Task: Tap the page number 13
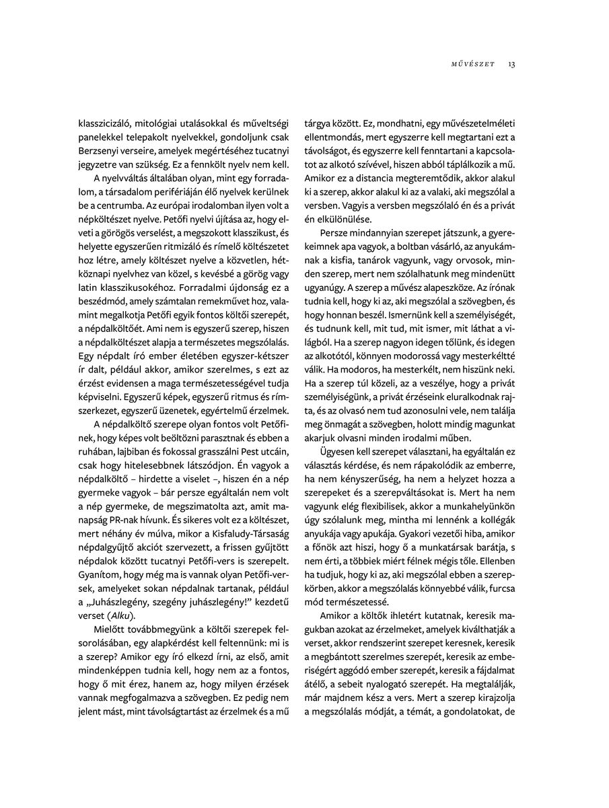click(512, 64)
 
